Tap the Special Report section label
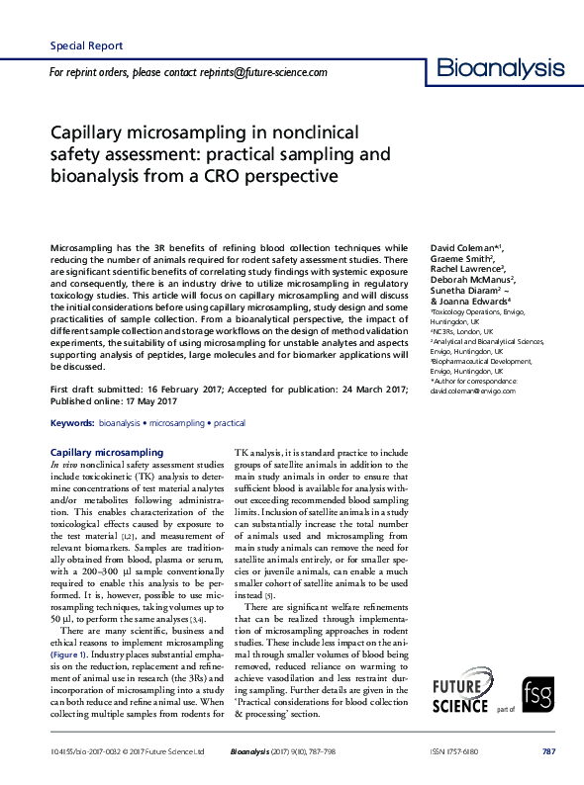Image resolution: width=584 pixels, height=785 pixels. click(x=86, y=45)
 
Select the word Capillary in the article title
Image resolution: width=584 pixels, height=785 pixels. click(x=85, y=132)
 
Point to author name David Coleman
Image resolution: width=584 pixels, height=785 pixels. click(x=461, y=247)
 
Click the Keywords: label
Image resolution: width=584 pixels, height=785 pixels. click(x=71, y=450)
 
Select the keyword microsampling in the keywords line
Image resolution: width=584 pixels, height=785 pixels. click(x=178, y=450)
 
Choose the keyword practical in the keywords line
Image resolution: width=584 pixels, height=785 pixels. click(x=230, y=450)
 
